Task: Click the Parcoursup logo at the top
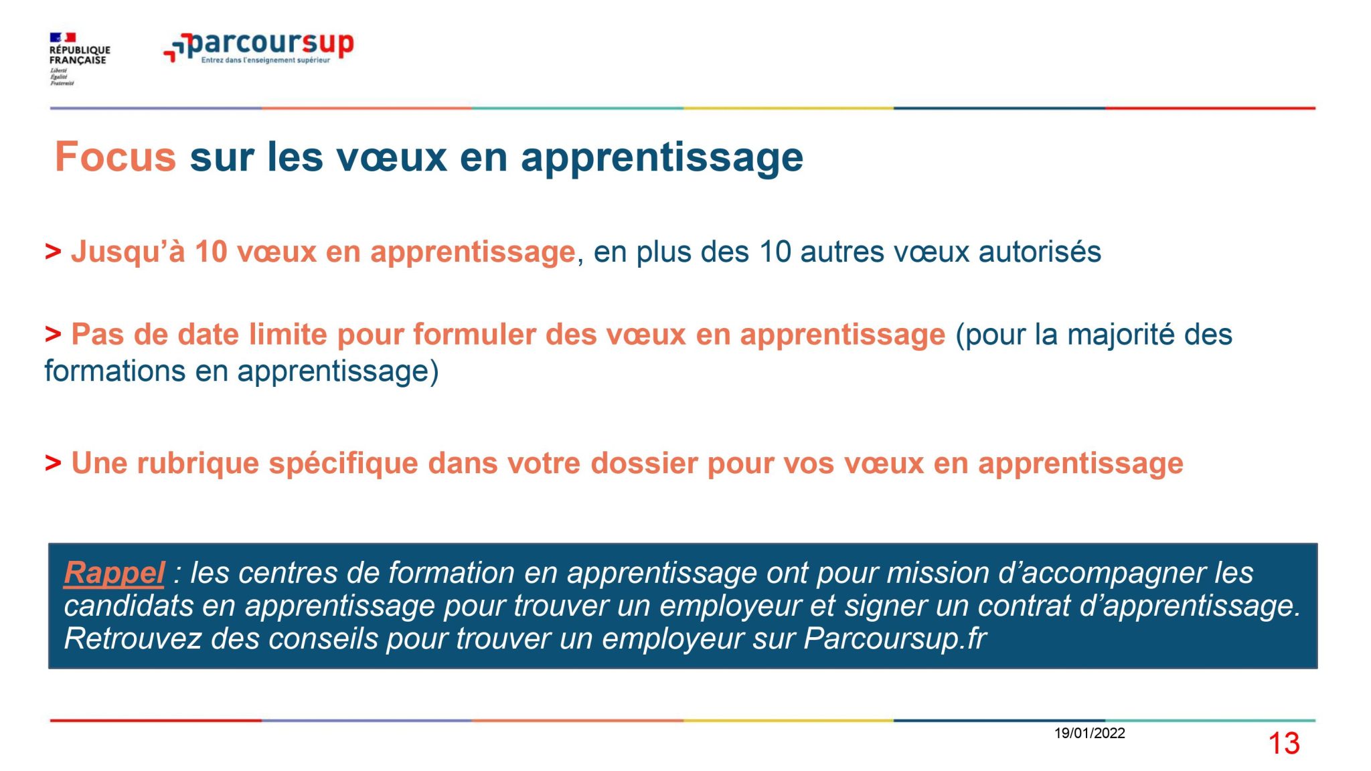(x=258, y=48)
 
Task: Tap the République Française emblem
(x=79, y=59)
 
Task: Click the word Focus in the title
(x=115, y=157)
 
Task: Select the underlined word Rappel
(x=114, y=573)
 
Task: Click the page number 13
(x=1284, y=744)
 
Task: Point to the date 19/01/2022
(x=1089, y=733)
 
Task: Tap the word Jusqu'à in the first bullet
(x=128, y=252)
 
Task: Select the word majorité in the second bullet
(x=1121, y=335)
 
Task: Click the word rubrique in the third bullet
(x=197, y=464)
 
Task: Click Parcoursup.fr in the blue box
(x=895, y=638)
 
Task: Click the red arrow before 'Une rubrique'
(x=53, y=462)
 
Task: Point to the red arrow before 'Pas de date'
(x=53, y=333)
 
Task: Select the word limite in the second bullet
(x=288, y=335)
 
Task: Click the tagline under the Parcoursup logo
(x=266, y=60)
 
